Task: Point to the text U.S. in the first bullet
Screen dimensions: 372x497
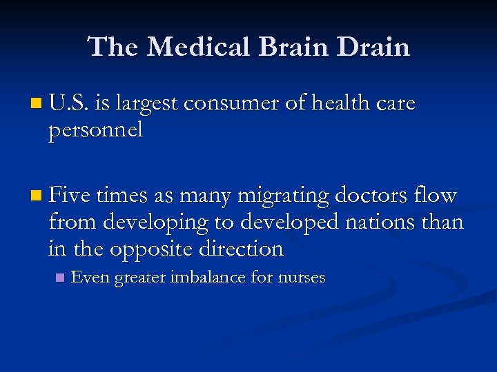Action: pyautogui.click(x=68, y=103)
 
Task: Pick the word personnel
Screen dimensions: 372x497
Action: pyautogui.click(x=95, y=130)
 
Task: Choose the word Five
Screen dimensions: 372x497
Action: pyautogui.click(x=70, y=196)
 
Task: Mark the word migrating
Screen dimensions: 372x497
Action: pyautogui.click(x=284, y=196)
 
